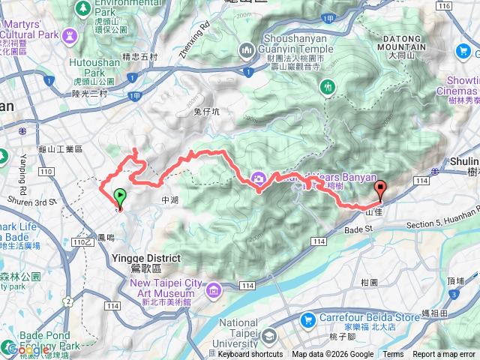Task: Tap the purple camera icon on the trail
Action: [259, 178]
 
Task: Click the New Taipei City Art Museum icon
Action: [215, 289]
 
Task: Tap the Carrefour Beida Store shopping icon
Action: [307, 320]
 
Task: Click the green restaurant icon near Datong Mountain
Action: [327, 87]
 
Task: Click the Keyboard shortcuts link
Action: [250, 355]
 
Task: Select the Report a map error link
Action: [445, 355]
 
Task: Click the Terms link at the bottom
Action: [393, 355]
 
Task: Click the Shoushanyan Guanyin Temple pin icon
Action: [247, 50]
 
